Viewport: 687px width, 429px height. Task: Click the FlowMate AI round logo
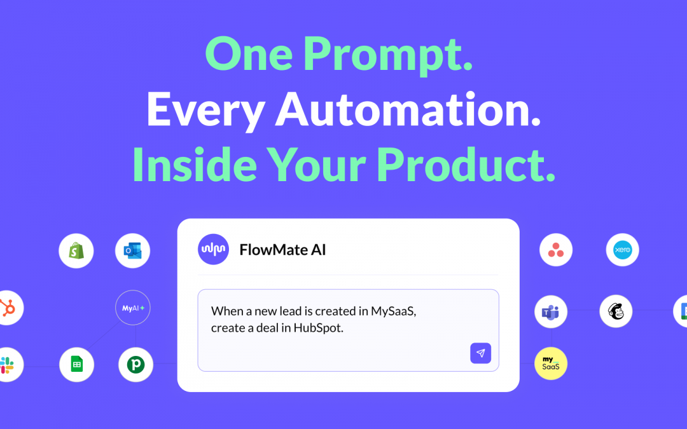tap(213, 250)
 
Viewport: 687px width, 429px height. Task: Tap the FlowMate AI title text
tap(282, 250)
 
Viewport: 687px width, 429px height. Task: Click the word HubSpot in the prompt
tap(318, 329)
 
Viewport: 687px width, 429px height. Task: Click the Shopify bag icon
tap(76, 251)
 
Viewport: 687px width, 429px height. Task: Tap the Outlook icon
tap(133, 251)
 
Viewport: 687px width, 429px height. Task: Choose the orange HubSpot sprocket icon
tap(8, 308)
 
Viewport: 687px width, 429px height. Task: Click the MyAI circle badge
tap(133, 308)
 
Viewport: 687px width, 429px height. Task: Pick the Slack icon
tap(8, 365)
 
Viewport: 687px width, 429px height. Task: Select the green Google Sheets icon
tap(76, 365)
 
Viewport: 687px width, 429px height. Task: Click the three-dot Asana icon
tap(556, 250)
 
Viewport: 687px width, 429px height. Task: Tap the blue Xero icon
tap(622, 250)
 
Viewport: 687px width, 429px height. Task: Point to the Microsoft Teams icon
tap(550, 311)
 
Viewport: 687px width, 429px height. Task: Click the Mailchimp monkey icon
tap(616, 311)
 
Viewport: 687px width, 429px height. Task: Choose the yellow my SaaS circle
tap(550, 364)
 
